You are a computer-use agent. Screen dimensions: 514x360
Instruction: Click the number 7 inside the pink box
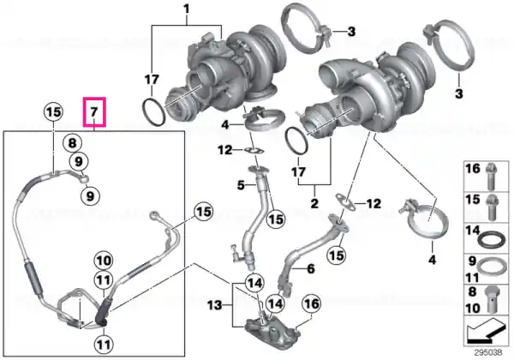94,111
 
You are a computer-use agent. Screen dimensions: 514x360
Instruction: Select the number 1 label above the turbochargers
187,9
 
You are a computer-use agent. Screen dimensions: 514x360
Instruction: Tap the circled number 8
72,143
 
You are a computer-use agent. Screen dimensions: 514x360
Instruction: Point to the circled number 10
104,261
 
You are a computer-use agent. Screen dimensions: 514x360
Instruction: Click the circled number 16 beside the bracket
312,303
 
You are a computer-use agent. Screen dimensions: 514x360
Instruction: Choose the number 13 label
215,306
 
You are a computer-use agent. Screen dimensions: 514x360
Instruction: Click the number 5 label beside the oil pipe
241,185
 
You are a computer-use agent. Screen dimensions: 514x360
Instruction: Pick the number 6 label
310,269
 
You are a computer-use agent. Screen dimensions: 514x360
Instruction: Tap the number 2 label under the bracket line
314,203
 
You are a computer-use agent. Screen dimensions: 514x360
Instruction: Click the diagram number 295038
488,352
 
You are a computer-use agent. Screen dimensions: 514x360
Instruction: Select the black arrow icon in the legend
486,331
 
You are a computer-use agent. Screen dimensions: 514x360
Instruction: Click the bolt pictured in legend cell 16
490,177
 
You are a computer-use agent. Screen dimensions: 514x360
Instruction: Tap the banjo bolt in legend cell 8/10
491,300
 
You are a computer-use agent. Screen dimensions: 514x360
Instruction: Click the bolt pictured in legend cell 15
491,207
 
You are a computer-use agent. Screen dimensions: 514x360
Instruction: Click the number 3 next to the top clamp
351,32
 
